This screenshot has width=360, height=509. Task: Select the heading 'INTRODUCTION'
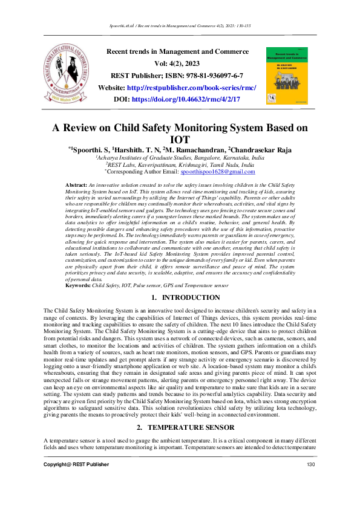(191, 298)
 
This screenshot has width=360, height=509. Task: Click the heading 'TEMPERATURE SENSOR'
(191, 427)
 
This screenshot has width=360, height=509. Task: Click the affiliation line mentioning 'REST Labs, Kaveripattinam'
(180, 164)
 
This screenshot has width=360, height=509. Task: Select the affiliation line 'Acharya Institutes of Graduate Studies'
(180, 157)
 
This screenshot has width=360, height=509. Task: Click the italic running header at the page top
(180, 27)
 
